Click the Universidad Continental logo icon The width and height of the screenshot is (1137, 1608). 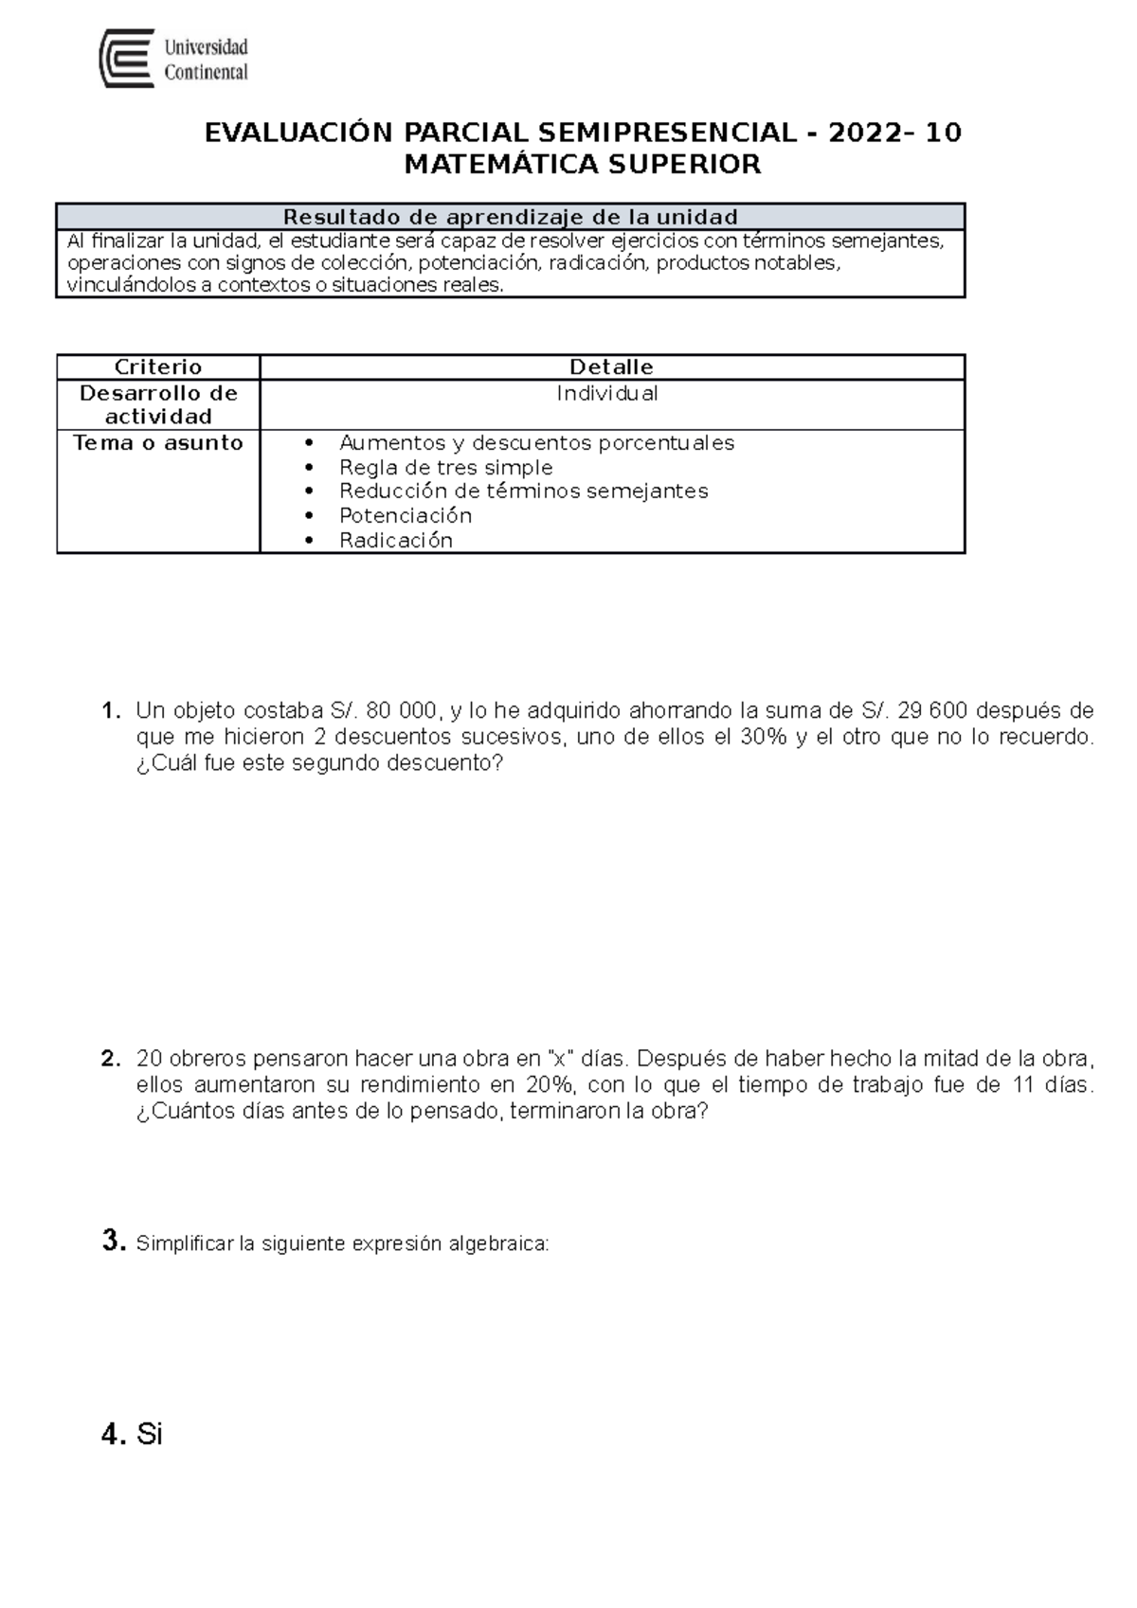point(127,59)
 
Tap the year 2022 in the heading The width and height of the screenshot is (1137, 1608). point(865,133)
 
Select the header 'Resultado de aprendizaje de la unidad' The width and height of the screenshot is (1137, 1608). point(510,217)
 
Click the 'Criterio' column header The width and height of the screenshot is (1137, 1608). point(158,367)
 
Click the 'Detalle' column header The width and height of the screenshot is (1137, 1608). point(611,367)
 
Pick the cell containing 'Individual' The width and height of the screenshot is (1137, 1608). point(607,394)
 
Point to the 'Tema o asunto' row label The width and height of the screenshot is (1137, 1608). point(158,443)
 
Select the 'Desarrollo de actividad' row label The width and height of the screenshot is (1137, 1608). point(158,405)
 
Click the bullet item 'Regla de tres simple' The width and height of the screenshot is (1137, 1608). point(445,468)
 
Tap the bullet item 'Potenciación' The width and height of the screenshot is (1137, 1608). point(406,516)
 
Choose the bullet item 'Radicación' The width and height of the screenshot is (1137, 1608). point(396,541)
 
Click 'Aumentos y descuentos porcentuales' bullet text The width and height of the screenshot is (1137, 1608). point(536,443)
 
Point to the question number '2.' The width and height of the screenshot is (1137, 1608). point(111,1059)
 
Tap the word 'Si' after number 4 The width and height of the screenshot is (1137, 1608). point(150,1435)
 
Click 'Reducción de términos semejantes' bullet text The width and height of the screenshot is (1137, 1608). point(523,491)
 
